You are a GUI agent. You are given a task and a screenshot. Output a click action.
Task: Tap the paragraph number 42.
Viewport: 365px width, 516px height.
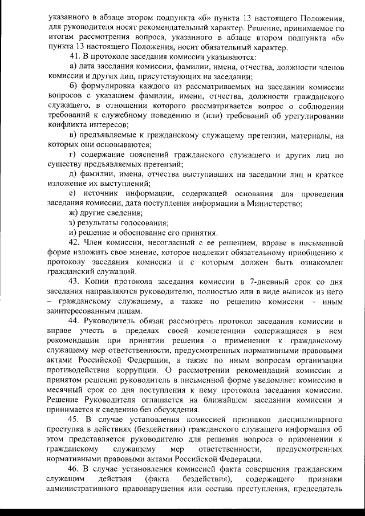click(74, 242)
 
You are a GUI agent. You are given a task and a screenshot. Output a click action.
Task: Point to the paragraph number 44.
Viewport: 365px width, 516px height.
click(74, 321)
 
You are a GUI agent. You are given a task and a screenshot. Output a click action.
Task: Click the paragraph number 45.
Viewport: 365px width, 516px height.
click(74, 420)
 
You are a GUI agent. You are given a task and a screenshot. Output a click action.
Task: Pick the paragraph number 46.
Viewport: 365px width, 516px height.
click(74, 469)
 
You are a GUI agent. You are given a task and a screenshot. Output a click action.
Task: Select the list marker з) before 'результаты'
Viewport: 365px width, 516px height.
click(72, 222)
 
